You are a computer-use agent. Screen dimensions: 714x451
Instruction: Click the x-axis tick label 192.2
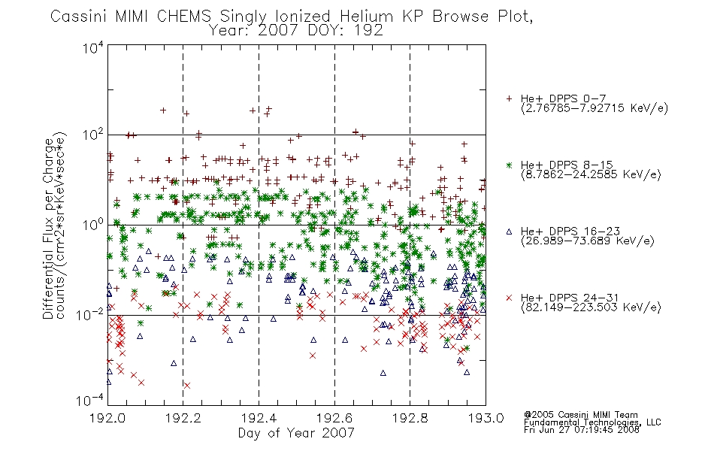point(183,418)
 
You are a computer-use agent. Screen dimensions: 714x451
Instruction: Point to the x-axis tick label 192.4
point(259,418)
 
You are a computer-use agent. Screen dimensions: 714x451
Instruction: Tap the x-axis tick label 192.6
point(334,418)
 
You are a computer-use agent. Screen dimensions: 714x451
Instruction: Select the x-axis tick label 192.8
point(410,418)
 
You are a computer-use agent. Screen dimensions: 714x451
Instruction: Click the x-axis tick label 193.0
point(486,418)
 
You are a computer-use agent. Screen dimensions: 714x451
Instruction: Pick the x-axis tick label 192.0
point(107,418)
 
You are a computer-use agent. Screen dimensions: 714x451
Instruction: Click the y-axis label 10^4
point(93,48)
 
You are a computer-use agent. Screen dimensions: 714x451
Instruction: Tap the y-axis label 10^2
point(93,135)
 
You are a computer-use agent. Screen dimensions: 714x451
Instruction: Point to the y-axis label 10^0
point(93,225)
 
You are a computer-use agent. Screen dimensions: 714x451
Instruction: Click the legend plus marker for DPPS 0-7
point(509,98)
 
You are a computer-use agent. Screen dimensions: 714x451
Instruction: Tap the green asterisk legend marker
point(509,165)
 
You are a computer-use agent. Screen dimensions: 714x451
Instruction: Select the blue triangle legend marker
point(509,232)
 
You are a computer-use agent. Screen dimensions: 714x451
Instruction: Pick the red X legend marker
point(509,298)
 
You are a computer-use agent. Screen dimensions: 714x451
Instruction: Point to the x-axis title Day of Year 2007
point(296,433)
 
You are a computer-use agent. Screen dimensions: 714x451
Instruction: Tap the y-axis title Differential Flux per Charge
point(48,229)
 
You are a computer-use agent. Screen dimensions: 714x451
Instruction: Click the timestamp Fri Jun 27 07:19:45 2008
point(582,430)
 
